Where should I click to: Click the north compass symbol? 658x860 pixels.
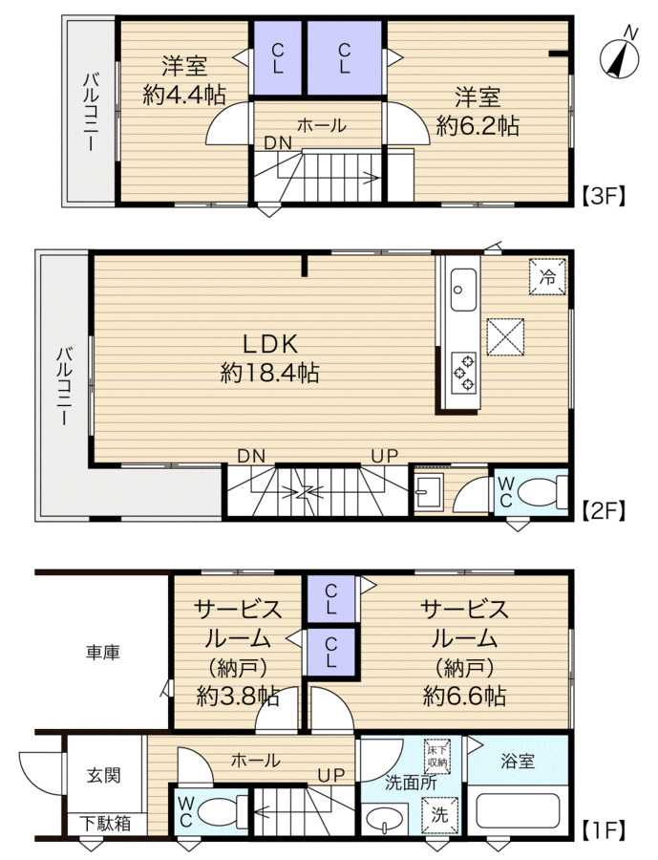(620, 56)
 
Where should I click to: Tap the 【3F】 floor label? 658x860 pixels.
(604, 195)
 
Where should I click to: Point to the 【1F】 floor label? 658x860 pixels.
(604, 830)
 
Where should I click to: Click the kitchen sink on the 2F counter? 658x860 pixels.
(463, 290)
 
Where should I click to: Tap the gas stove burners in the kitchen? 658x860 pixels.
(463, 373)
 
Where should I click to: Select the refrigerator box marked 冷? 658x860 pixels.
(547, 277)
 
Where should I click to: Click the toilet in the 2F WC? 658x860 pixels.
(541, 492)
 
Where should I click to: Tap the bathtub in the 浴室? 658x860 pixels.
(518, 811)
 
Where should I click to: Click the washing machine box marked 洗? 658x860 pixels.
(439, 815)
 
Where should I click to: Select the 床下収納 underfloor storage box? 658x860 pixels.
(437, 756)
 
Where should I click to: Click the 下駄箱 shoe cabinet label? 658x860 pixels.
(105, 823)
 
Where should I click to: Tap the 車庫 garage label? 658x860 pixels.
(102, 652)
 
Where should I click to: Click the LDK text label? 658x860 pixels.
(270, 345)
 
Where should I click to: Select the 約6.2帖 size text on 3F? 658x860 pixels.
(478, 127)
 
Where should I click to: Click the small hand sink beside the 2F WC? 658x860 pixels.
(428, 491)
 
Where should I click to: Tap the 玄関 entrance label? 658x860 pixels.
(103, 775)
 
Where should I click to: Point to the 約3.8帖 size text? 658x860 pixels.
(238, 696)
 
